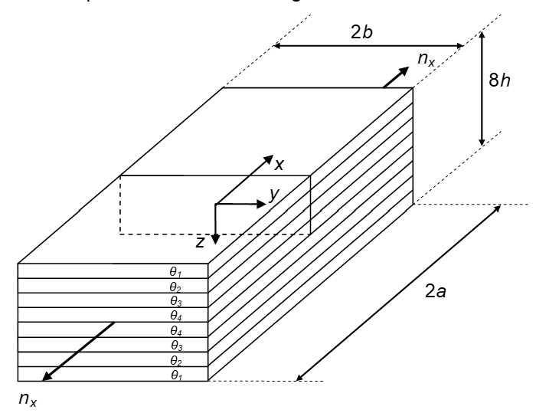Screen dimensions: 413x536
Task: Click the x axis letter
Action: click(x=279, y=164)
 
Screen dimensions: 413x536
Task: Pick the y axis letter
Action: click(x=273, y=195)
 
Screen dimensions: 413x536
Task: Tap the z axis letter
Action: click(x=200, y=242)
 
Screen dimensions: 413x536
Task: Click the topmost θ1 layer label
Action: click(x=176, y=270)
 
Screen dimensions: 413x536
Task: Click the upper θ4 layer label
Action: click(x=176, y=315)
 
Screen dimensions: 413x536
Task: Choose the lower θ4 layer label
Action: click(x=176, y=330)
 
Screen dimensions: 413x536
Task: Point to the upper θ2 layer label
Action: click(x=176, y=285)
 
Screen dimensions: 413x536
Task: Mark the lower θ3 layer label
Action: click(x=176, y=345)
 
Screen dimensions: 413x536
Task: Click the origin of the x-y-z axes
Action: click(x=216, y=205)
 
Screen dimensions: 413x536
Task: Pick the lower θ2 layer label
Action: click(x=176, y=359)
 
